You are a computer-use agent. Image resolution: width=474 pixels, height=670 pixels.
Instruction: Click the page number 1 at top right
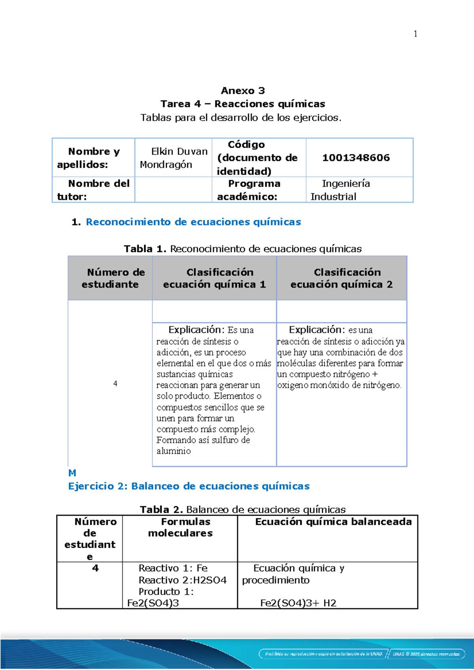[x=415, y=34]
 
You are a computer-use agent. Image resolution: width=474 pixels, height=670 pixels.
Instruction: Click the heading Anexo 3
[x=243, y=91]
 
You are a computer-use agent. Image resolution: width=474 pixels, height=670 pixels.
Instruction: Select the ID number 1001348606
[x=356, y=158]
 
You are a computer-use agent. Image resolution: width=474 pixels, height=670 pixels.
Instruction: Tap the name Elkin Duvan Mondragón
[x=174, y=158]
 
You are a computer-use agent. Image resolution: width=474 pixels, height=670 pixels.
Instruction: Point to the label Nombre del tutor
[x=94, y=190]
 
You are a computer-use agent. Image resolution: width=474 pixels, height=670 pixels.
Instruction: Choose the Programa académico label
[x=249, y=190]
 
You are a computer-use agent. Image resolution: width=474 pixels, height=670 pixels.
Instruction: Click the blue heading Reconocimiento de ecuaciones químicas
[x=194, y=222]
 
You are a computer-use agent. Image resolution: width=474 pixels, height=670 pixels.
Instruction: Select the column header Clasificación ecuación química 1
[x=214, y=278]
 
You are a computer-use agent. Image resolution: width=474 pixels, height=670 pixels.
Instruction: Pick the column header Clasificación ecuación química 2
[x=342, y=278]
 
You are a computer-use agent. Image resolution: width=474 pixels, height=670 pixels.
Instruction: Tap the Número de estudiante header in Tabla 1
[x=111, y=278]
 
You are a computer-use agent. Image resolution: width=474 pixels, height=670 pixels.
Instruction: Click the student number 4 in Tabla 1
[x=115, y=384]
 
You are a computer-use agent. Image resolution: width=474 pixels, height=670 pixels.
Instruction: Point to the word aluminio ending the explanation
[x=174, y=451]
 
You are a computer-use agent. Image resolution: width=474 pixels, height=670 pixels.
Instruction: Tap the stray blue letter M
[x=72, y=473]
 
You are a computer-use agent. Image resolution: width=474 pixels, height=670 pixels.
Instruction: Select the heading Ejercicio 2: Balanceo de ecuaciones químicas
[x=189, y=486]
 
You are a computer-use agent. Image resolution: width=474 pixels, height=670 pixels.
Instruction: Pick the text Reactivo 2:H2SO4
[x=182, y=580]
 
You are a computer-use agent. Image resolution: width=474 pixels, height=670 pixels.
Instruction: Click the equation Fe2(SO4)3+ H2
[x=298, y=603]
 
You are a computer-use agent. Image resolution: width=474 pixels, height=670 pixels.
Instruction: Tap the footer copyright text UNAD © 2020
[x=426, y=654]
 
